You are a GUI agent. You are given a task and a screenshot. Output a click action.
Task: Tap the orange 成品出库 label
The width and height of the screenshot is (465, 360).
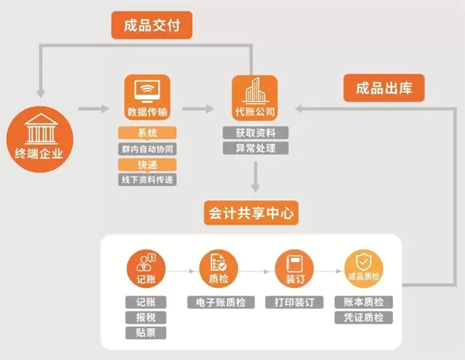[384, 87]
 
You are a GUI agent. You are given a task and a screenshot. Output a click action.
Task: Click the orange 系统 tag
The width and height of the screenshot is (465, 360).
[146, 132]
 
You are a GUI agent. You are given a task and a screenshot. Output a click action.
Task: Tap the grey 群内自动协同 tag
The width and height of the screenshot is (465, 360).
[146, 148]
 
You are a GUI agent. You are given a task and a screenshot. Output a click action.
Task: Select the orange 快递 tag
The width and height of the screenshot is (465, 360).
[146, 164]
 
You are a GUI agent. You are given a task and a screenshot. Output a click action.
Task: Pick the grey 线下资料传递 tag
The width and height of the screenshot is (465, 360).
[146, 180]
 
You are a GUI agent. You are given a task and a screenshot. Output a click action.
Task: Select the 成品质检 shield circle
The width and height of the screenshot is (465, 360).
[364, 269]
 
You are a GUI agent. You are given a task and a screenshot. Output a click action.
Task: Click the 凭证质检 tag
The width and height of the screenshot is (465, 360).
[364, 317]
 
